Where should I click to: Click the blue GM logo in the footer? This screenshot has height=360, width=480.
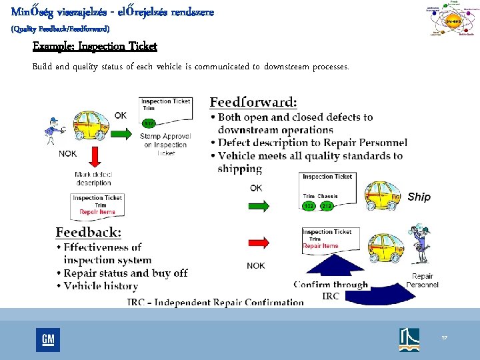pos(48,340)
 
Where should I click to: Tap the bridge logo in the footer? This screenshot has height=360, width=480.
pos(409,339)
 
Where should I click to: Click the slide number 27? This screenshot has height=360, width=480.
pos(445,338)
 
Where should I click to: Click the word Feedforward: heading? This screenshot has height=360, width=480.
pos(253,102)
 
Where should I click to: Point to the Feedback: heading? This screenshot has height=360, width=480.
pos(88,232)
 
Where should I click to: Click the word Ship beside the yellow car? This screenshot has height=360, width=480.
pos(419,197)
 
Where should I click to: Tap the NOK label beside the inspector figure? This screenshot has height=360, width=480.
pos(68,153)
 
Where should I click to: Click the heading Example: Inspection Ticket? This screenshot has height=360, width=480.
pos(95,46)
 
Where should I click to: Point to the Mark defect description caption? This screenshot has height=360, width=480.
pos(93,179)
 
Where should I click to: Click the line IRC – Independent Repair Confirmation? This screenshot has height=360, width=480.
pos(215,302)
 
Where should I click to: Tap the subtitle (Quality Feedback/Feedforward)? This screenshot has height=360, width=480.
pos(61,29)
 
